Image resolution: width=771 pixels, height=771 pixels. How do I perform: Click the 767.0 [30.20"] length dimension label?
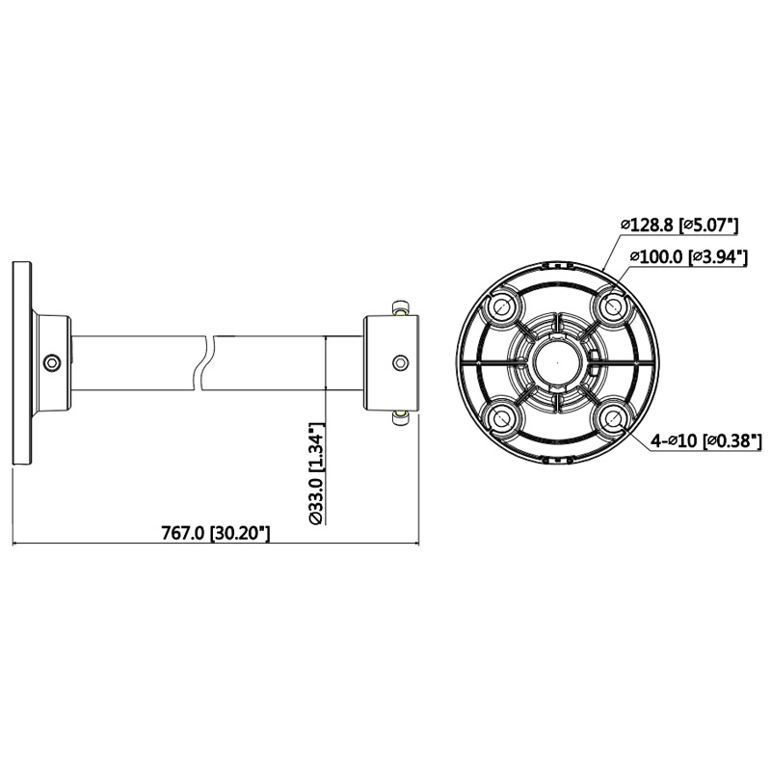[216, 533]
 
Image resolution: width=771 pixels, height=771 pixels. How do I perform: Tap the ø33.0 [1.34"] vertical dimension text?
[317, 473]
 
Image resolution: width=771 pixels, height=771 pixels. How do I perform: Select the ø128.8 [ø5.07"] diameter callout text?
[679, 226]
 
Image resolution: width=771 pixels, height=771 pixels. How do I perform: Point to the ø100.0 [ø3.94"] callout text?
[688, 256]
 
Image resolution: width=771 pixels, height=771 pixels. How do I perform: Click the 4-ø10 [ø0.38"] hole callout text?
[706, 441]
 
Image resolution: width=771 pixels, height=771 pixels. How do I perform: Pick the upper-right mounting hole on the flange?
[612, 306]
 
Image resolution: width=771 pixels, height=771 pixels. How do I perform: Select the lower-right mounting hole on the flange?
[612, 419]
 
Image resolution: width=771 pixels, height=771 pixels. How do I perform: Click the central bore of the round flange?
[557, 363]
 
